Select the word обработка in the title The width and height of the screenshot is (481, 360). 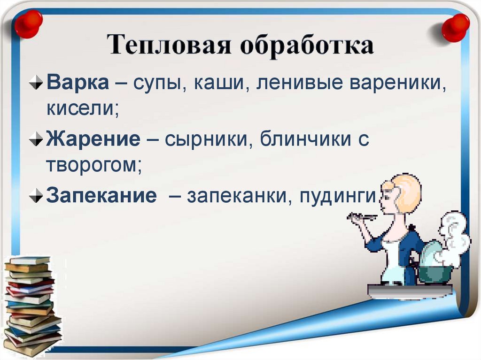click(x=307, y=46)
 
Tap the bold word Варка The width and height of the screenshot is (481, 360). click(x=77, y=84)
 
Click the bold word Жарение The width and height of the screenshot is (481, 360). click(x=92, y=140)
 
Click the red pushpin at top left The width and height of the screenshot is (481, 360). click(x=28, y=23)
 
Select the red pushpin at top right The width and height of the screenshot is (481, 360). click(x=455, y=27)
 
